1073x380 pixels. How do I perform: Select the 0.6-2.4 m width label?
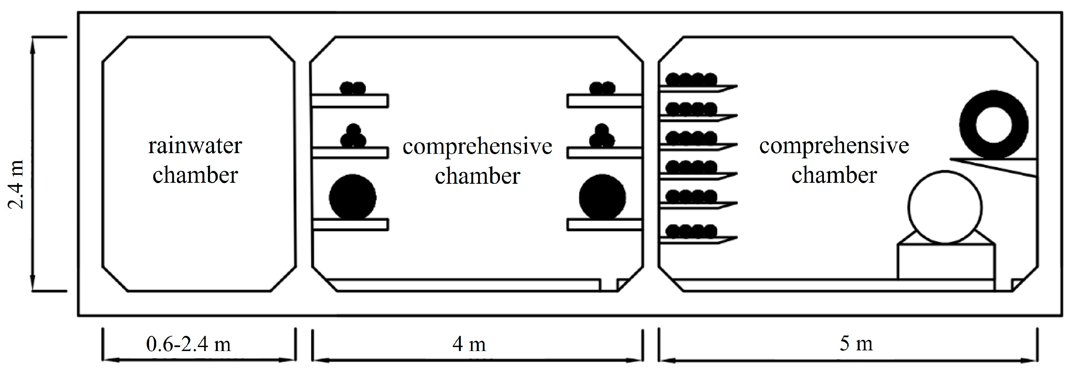pos(188,344)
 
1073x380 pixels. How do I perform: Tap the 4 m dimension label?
pos(469,344)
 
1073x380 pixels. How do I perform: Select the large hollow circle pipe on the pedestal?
pos(945,207)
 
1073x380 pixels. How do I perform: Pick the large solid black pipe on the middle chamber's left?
pos(352,197)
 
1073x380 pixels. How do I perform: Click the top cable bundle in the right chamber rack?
pos(691,79)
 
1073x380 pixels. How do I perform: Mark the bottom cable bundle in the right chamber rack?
pos(691,231)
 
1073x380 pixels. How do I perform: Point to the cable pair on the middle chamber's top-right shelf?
pos(602,88)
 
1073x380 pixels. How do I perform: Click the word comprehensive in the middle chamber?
pos(478,147)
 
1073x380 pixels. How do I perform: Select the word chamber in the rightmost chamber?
pos(834,175)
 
